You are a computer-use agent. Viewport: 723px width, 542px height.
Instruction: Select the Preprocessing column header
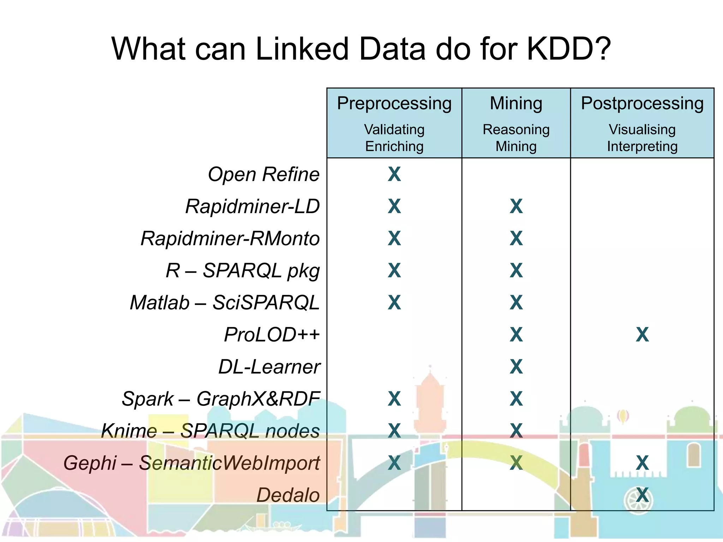tap(394, 103)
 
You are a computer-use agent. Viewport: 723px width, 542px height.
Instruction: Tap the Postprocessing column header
tap(642, 103)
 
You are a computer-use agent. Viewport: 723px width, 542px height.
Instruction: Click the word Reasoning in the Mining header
tap(516, 130)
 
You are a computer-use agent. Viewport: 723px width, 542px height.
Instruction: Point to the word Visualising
tap(642, 130)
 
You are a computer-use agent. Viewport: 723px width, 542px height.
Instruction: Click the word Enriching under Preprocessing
tap(394, 146)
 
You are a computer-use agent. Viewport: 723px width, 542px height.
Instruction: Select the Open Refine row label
tap(263, 174)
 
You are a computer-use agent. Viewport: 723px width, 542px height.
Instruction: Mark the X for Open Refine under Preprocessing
tap(394, 174)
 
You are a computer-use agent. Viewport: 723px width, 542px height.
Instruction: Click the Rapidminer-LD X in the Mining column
tap(516, 206)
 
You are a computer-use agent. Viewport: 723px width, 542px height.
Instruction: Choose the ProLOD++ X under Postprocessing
tap(642, 335)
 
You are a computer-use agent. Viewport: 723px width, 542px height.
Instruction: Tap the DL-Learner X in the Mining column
tap(516, 367)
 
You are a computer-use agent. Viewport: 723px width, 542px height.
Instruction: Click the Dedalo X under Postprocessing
tap(642, 495)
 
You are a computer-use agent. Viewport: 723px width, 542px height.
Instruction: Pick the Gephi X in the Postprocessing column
tap(642, 463)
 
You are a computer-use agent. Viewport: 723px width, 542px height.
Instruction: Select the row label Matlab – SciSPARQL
tap(225, 303)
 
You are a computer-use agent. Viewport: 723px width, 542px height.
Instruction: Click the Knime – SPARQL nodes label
tap(210, 431)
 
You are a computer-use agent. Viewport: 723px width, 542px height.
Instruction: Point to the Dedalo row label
tap(288, 495)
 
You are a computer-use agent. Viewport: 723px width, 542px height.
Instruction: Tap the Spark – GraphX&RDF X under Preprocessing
tap(394, 399)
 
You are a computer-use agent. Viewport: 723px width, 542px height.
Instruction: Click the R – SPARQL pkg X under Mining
tap(516, 271)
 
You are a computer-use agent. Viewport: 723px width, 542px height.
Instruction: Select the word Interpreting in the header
tap(642, 146)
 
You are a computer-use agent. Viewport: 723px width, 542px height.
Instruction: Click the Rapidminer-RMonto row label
tap(230, 239)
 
